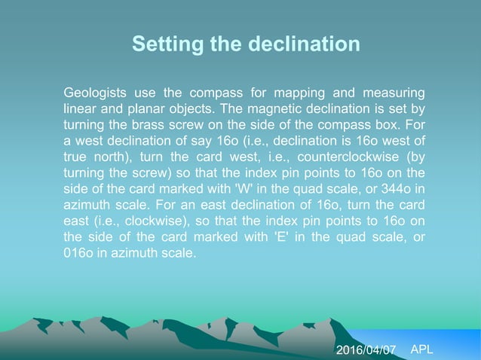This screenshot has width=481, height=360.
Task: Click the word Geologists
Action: click(96, 93)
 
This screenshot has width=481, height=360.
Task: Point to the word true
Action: click(75, 157)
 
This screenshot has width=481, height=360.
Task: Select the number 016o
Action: click(79, 253)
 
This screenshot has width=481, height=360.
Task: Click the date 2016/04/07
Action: click(366, 350)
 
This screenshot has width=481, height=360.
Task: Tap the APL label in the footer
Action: click(422, 349)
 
